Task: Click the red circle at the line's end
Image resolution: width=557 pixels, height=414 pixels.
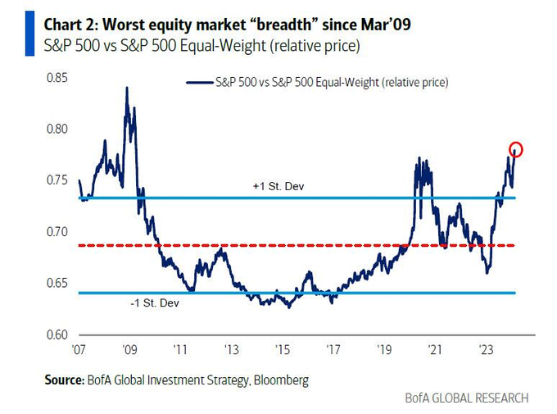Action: [515, 149]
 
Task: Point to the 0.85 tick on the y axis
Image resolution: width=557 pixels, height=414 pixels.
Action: [57, 79]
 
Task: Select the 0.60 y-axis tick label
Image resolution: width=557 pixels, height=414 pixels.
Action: [57, 334]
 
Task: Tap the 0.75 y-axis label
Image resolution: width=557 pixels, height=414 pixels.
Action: [57, 181]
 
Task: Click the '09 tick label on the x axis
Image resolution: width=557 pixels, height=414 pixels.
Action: [129, 349]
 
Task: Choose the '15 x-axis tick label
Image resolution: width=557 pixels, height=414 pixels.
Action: [282, 349]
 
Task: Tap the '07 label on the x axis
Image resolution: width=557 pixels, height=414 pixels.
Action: [79, 349]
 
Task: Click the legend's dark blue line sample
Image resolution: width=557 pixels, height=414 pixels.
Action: [199, 82]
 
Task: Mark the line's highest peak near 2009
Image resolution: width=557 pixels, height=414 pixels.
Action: [126, 88]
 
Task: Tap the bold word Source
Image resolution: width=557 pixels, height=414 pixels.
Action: [62, 380]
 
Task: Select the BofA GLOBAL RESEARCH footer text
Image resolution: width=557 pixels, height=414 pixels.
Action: [467, 398]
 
